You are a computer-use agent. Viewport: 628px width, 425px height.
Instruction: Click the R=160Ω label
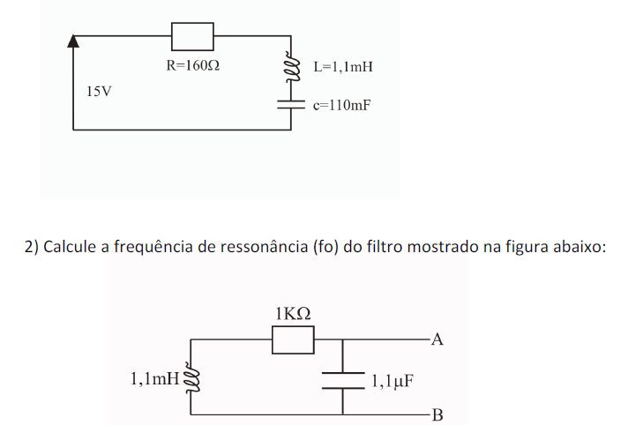(x=192, y=65)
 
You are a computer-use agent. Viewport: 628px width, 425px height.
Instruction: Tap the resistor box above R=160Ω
(x=192, y=36)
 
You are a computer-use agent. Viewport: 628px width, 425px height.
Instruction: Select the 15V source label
(x=99, y=91)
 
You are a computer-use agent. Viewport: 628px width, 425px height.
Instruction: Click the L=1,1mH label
(x=344, y=66)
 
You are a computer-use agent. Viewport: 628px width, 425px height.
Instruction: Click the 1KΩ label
(x=293, y=314)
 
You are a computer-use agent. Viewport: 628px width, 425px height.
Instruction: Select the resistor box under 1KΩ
(x=293, y=339)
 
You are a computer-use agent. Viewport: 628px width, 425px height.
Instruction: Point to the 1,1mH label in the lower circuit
(x=153, y=380)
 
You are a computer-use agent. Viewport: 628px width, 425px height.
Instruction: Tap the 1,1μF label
(x=392, y=382)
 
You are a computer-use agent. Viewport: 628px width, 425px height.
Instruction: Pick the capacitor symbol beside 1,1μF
(x=342, y=379)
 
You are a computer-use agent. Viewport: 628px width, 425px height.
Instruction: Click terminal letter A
(x=437, y=339)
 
